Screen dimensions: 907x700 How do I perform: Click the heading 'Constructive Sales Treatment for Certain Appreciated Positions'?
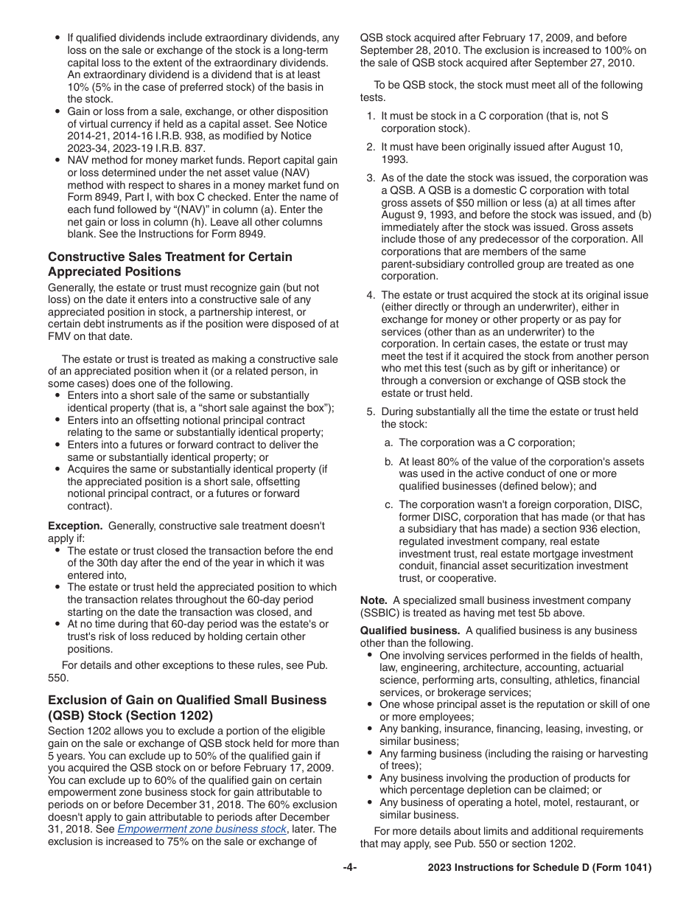169,263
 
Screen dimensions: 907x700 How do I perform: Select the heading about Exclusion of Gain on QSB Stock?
187,706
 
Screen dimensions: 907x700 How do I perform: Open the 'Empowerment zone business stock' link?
201,829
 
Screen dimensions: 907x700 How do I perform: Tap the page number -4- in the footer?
350,868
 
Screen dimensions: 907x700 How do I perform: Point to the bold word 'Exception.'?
75,526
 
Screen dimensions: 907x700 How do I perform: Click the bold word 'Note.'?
374,600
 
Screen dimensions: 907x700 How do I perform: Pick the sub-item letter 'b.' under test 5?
388,462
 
